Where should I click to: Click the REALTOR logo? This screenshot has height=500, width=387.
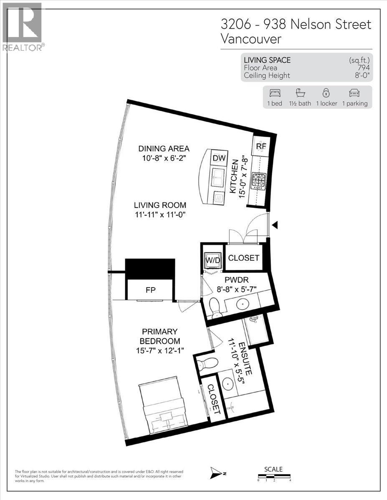(x=23, y=27)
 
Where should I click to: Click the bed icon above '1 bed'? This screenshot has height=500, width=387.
(x=275, y=93)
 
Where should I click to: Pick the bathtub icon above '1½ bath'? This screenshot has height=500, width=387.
(x=298, y=93)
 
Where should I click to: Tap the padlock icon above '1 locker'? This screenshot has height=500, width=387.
(x=326, y=93)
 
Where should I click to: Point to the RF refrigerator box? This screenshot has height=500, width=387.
(x=261, y=146)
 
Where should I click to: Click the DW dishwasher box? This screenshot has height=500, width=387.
(x=219, y=158)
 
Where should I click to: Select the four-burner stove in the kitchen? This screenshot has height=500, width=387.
(x=258, y=182)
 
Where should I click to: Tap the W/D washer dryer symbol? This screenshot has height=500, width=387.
(x=212, y=258)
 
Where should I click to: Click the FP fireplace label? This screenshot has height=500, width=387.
(x=150, y=290)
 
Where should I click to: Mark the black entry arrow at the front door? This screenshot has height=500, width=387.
(x=275, y=225)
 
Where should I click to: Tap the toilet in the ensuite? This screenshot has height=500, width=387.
(x=207, y=364)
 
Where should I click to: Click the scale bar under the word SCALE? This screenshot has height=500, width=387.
(x=274, y=477)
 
